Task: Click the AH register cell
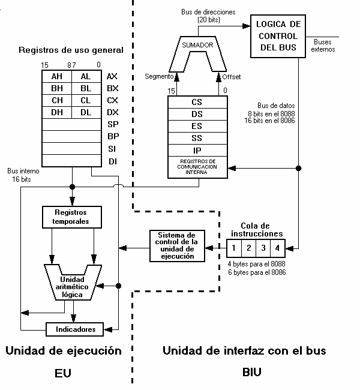[x=57, y=76]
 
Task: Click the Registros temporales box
[x=71, y=217]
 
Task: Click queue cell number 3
[x=263, y=247]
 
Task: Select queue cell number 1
[x=235, y=247]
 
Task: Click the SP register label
[x=112, y=124]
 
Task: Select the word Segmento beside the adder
[x=158, y=77]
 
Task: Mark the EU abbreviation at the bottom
[x=62, y=373]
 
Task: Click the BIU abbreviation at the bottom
[x=251, y=372]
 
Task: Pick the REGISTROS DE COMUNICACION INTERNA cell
[x=197, y=167]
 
